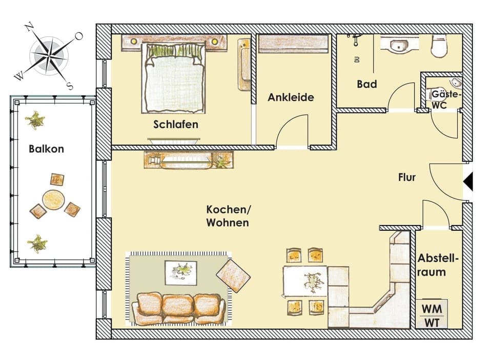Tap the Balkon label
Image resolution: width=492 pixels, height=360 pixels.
pyautogui.click(x=47, y=149)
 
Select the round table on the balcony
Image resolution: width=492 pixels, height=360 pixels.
pyautogui.click(x=53, y=200)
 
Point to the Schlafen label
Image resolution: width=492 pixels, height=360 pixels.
pyautogui.click(x=176, y=125)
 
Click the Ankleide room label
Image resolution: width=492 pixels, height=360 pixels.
pyautogui.click(x=291, y=97)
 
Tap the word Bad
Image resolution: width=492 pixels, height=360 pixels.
pyautogui.click(x=367, y=84)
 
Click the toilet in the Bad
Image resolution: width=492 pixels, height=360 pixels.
pyautogui.click(x=440, y=46)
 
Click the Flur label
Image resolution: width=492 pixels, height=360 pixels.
pyautogui.click(x=407, y=178)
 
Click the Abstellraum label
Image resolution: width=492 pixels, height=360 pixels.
pyautogui.click(x=438, y=265)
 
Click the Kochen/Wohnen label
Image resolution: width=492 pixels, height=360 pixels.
pyautogui.click(x=228, y=216)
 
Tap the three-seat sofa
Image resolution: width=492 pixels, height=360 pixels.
pyautogui.click(x=178, y=308)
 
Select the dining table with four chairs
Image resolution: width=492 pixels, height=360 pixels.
pyautogui.click(x=305, y=281)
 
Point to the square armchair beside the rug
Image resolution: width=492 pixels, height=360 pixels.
pyautogui.click(x=233, y=275)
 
